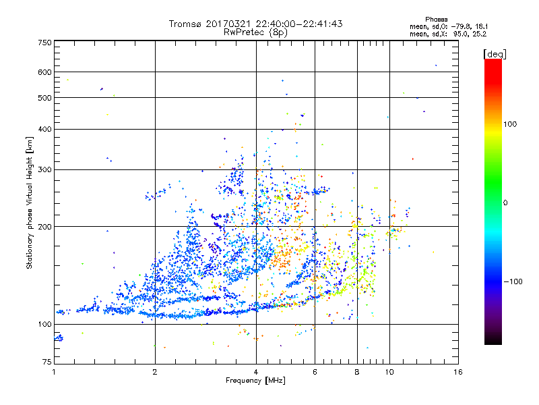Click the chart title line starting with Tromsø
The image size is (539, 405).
256,24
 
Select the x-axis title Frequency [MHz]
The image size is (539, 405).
255,381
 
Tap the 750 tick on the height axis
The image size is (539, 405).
45,42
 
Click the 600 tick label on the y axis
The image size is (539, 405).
45,72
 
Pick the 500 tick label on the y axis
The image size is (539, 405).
45,98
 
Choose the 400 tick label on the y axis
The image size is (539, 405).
45,129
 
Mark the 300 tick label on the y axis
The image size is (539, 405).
45,169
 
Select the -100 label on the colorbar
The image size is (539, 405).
515,281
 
